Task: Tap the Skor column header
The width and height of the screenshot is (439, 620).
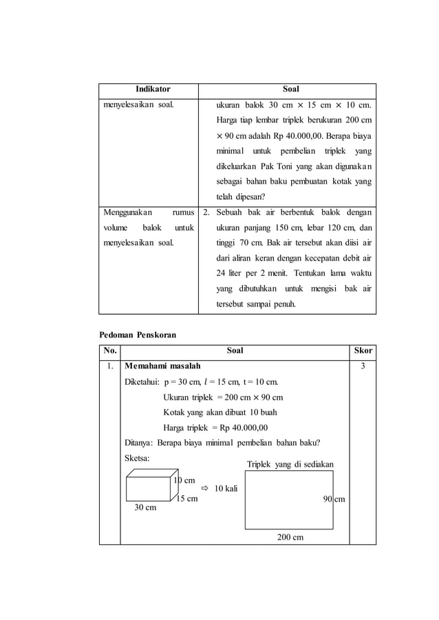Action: pos(363,351)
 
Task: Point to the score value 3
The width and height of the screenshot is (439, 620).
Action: pos(363,367)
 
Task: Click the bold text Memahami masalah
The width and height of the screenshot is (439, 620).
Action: pos(162,367)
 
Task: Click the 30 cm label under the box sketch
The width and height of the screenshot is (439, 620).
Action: pos(144,508)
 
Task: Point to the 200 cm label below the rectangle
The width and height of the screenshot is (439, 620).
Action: pos(290,537)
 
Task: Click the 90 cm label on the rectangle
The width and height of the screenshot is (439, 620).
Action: pos(334,500)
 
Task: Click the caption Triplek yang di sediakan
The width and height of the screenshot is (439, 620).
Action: pos(290,465)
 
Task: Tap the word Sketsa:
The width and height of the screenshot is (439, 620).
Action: pos(138,457)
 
